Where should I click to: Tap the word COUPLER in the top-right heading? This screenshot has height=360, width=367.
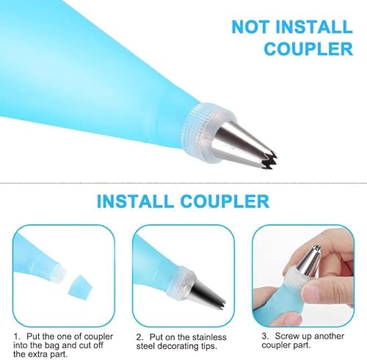(x=308, y=48)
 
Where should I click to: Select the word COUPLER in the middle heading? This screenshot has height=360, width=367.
(x=225, y=201)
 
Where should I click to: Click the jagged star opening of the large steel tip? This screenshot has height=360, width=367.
(x=268, y=159)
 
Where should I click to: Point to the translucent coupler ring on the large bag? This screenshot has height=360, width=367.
(x=208, y=133)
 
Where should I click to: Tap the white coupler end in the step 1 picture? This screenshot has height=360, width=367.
(x=59, y=273)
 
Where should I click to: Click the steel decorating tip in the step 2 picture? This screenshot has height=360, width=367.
(x=208, y=294)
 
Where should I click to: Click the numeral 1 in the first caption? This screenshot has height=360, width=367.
(x=15, y=336)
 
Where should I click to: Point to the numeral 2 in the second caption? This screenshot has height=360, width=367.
(x=139, y=337)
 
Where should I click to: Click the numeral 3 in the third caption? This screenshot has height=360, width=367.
(x=264, y=336)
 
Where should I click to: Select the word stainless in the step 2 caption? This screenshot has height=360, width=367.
(x=209, y=337)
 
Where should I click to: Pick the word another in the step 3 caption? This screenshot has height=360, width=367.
(x=329, y=336)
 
